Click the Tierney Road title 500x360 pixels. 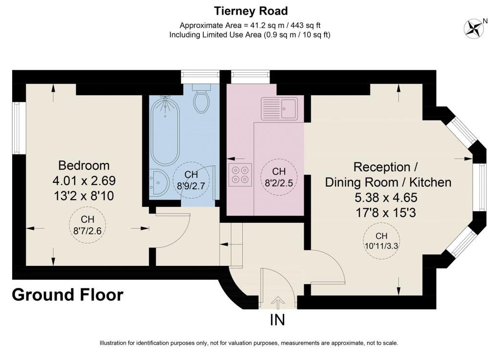(x=251, y=11)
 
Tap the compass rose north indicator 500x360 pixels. (x=474, y=29)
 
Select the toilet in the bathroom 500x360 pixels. (x=202, y=99)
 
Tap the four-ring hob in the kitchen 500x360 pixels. (x=240, y=175)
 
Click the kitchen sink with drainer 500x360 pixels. (x=279, y=109)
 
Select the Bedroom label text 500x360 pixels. (x=84, y=165)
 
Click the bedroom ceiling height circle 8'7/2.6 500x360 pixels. (x=87, y=225)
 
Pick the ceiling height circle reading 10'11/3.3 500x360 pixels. (x=381, y=240)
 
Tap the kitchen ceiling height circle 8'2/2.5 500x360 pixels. (x=279, y=177)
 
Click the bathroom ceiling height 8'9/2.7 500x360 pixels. (x=191, y=180)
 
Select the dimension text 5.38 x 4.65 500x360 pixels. (x=386, y=198)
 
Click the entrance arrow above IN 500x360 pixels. (x=278, y=302)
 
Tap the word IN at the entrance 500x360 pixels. (x=277, y=320)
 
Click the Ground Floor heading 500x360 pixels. (x=67, y=295)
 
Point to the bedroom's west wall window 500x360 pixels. (x=19, y=128)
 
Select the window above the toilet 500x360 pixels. (x=200, y=77)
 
